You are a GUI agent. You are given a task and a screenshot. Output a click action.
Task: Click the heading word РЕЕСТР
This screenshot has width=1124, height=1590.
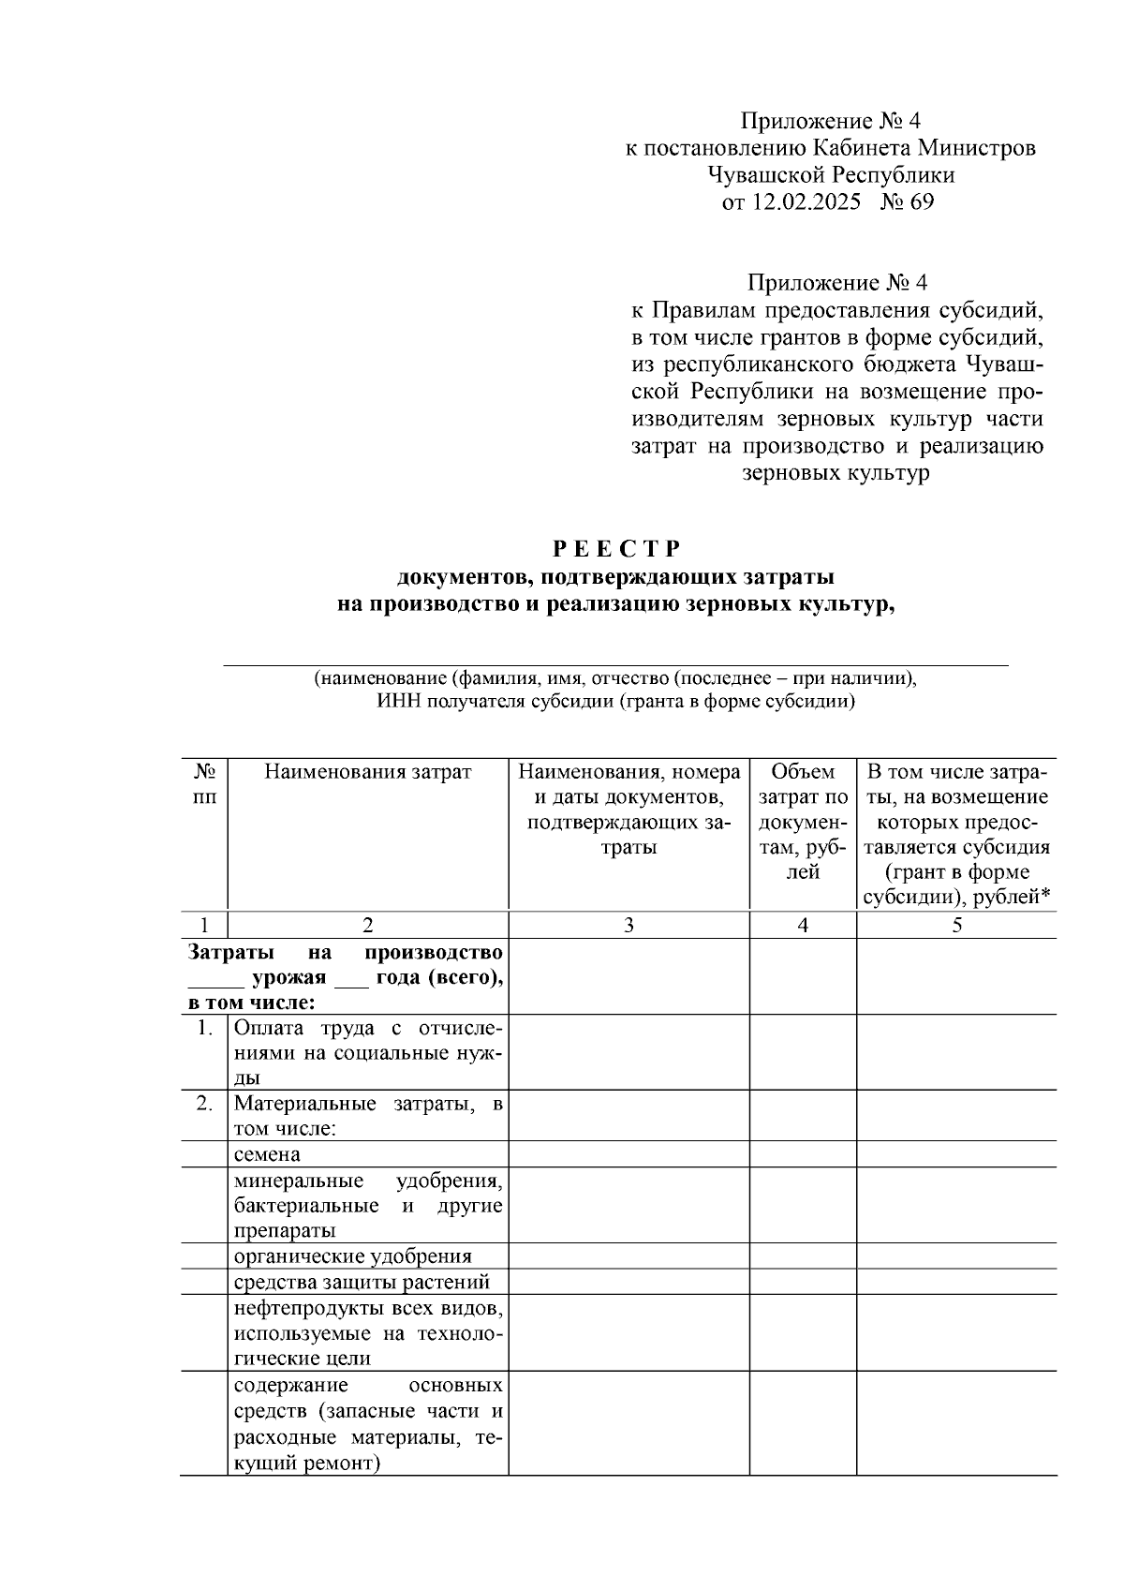pyautogui.click(x=614, y=547)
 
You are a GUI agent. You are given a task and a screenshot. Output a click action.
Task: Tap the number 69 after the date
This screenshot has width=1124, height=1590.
pyautogui.click(x=921, y=201)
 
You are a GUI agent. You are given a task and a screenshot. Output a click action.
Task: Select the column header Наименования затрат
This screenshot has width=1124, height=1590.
pyautogui.click(x=367, y=772)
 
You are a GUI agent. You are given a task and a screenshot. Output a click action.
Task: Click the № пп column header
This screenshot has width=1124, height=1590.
pyautogui.click(x=204, y=784)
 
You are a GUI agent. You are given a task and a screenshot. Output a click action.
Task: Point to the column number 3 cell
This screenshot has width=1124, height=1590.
pyautogui.click(x=629, y=925)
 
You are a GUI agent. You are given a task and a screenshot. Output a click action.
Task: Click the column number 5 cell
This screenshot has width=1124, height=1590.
pyautogui.click(x=956, y=925)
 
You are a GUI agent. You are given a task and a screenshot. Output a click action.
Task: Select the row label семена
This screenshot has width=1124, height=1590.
pyautogui.click(x=267, y=1154)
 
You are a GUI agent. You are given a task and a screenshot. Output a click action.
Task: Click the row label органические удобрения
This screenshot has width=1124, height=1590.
pyautogui.click(x=352, y=1256)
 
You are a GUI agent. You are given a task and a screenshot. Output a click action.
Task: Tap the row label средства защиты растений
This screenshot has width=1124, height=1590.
pyautogui.click(x=362, y=1282)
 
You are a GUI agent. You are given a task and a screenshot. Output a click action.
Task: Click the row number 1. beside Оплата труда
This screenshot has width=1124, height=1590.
pyautogui.click(x=204, y=1028)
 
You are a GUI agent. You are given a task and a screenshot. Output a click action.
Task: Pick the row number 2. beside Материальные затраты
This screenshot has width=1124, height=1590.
pyautogui.click(x=204, y=1104)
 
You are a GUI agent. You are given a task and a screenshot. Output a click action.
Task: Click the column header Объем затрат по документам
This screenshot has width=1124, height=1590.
pyautogui.click(x=803, y=822)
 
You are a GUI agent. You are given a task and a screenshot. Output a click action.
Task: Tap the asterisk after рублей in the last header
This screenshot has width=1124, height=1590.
pyautogui.click(x=1045, y=897)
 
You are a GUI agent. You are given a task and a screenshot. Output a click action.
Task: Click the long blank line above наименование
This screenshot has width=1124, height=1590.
pyautogui.click(x=614, y=664)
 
